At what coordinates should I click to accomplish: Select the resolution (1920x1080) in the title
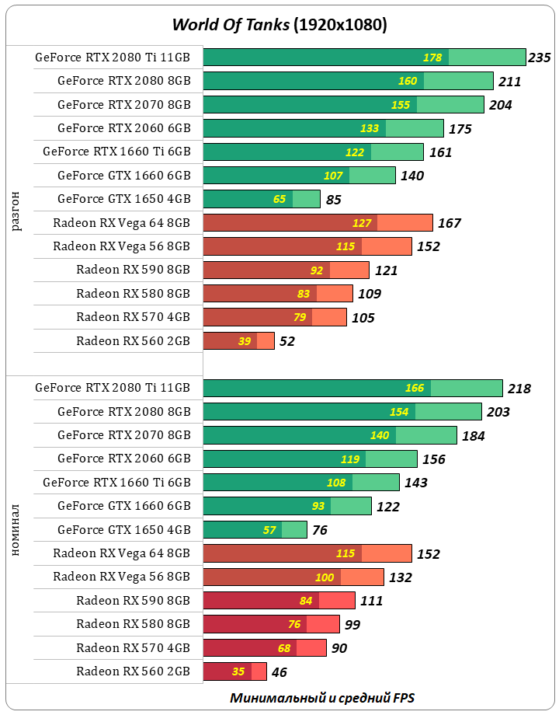340,25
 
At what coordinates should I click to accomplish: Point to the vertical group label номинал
16,530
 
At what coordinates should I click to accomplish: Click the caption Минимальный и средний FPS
321,698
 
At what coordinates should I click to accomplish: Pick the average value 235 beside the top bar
539,58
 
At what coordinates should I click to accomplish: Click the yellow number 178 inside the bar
432,58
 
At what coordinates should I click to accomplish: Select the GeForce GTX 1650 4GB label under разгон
123,199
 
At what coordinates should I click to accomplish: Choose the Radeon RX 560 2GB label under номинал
133,671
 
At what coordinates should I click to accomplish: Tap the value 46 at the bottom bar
279,672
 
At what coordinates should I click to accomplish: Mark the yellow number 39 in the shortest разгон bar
245,341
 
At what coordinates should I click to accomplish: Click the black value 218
519,389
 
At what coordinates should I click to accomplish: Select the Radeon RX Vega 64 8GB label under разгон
121,223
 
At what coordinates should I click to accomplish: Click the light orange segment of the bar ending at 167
404,223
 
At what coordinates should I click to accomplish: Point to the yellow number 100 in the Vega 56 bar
325,577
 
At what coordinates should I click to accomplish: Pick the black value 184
473,436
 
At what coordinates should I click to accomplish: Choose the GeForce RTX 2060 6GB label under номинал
123,459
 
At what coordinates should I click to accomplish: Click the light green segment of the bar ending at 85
306,199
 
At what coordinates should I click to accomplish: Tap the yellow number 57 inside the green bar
269,530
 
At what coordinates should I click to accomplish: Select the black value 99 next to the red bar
352,625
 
